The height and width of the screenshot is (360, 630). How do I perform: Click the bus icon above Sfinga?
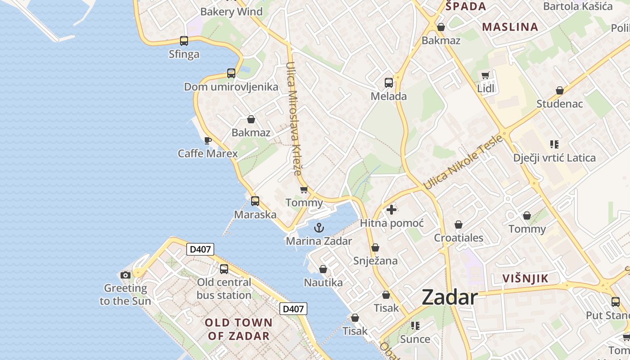click(x=184, y=41)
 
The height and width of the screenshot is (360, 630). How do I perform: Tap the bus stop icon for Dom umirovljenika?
click(x=231, y=73)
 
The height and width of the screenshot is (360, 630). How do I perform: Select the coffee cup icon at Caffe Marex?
click(x=207, y=141)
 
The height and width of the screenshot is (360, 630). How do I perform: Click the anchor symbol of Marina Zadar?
click(x=319, y=228)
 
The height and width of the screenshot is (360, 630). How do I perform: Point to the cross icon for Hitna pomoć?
click(x=391, y=209)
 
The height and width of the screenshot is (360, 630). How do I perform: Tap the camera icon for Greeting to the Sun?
click(x=126, y=275)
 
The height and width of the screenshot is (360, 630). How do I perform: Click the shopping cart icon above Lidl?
click(x=485, y=76)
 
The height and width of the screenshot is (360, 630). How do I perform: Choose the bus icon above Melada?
click(x=389, y=83)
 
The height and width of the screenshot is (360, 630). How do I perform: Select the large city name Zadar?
click(x=450, y=298)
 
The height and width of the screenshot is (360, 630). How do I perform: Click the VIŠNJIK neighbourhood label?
click(x=526, y=279)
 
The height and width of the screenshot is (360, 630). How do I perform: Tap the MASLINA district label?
click(x=510, y=27)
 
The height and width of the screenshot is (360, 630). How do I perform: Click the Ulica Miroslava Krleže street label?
click(x=293, y=118)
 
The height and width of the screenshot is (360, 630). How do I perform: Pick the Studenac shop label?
click(x=559, y=104)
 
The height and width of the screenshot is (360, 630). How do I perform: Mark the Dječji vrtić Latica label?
click(x=554, y=158)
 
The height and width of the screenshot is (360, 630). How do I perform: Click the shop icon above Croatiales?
click(x=459, y=225)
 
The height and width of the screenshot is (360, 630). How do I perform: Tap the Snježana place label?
click(x=375, y=261)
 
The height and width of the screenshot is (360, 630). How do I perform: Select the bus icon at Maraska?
click(x=255, y=201)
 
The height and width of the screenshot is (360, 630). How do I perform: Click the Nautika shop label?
click(x=323, y=283)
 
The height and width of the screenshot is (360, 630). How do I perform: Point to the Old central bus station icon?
click(x=224, y=269)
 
